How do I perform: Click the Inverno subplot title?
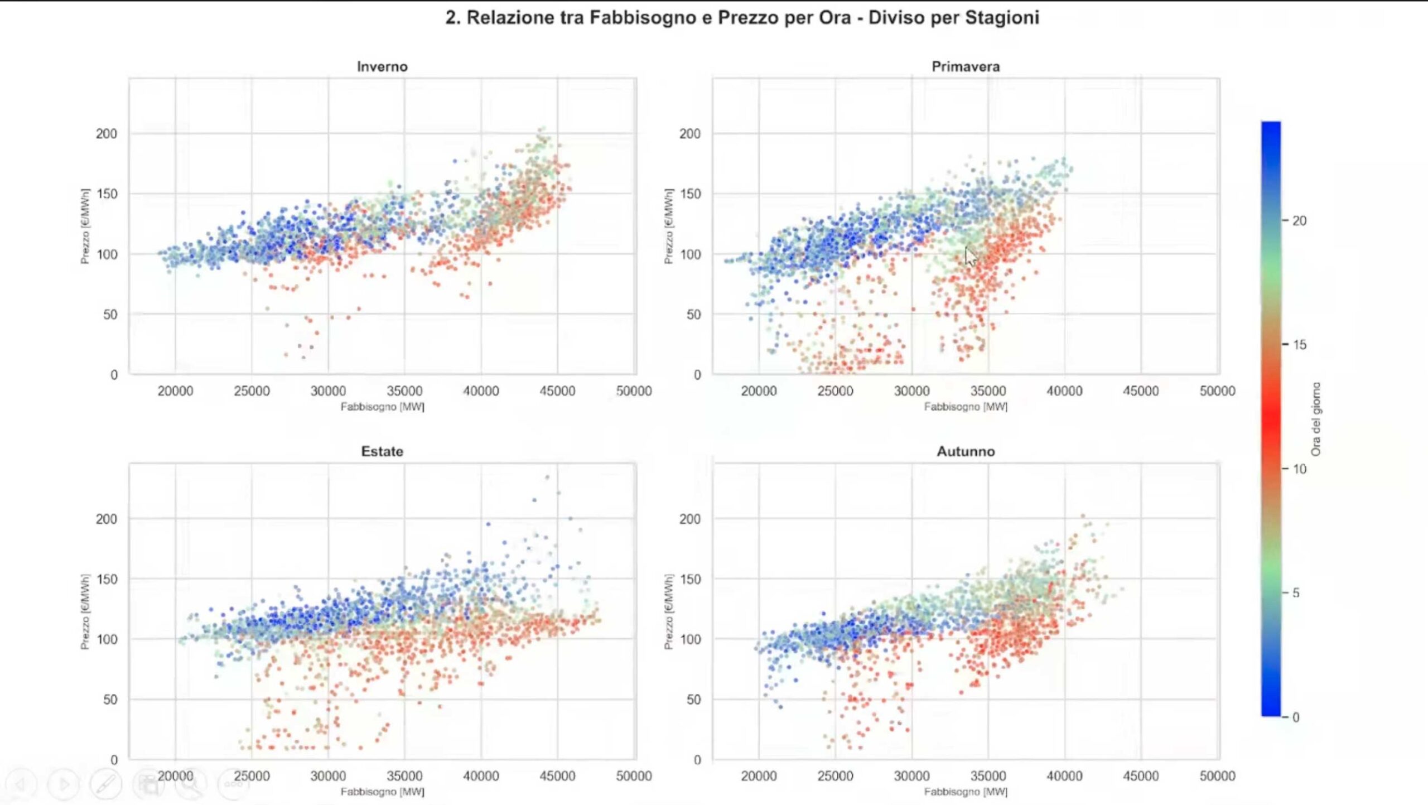[x=382, y=66]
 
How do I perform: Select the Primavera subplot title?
[x=966, y=66]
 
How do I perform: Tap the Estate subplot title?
[x=382, y=451]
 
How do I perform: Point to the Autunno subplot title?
[x=966, y=451]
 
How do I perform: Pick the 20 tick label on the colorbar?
[x=1299, y=221]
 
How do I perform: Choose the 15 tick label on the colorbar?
[x=1299, y=345]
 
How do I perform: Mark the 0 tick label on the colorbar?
[x=1296, y=717]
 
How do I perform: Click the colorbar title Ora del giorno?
[x=1316, y=419]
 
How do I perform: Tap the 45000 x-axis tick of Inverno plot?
[x=557, y=391]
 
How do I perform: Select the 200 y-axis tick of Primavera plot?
[x=689, y=134]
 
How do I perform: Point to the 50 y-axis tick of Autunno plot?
[x=693, y=700]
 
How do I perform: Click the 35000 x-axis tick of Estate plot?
[x=404, y=776]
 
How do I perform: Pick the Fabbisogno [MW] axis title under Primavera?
[x=966, y=407]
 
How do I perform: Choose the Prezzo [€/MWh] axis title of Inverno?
[x=85, y=226]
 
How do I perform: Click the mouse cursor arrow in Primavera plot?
[x=971, y=257]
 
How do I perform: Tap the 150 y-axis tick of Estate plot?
[x=107, y=579]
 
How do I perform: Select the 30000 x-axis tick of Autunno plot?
[x=911, y=776]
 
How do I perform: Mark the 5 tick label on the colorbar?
[x=1296, y=593]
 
